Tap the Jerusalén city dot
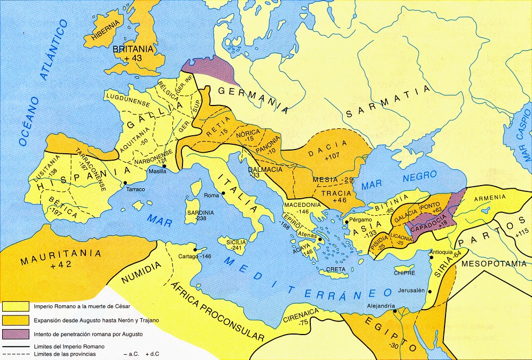click(x=430, y=291)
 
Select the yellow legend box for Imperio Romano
click(x=15, y=306)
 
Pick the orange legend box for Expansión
click(x=15, y=320)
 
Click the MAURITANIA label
click(x=61, y=253)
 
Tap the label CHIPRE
click(x=404, y=274)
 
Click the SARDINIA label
click(x=199, y=212)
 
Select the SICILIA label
click(x=237, y=242)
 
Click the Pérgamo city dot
click(x=346, y=222)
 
